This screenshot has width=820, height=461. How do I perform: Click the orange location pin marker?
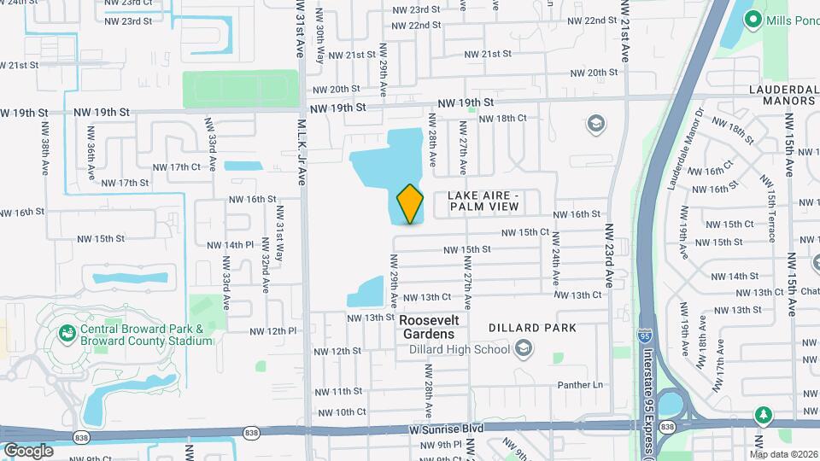point(410,204)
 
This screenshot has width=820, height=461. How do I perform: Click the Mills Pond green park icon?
point(753,18)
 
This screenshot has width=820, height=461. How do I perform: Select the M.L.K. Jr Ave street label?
point(302,151)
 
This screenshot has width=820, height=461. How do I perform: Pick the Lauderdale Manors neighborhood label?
point(770,95)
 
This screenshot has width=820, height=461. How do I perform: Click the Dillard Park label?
point(532,328)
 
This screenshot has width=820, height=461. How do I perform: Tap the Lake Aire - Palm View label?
point(483,201)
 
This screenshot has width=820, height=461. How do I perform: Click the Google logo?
point(27,450)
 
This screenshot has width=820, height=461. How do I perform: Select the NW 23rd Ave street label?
point(610,255)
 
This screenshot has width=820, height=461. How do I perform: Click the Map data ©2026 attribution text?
point(784,453)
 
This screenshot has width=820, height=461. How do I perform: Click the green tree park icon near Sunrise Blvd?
point(763,416)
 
